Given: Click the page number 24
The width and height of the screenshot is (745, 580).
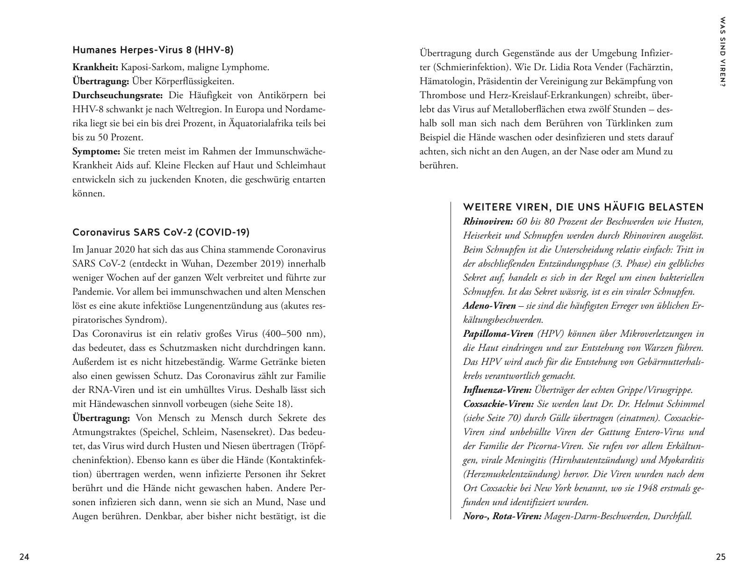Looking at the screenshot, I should [24, 557].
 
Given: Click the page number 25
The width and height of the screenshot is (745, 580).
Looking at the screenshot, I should [721, 557].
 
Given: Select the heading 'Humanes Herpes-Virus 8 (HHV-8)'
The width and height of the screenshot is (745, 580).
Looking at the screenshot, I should [153, 50].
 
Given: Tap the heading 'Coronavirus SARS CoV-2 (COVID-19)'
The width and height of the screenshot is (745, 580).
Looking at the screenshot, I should [161, 232].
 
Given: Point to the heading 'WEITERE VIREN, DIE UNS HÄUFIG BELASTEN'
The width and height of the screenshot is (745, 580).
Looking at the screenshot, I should [583, 207].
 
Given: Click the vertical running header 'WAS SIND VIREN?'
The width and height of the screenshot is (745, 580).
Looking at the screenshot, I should [723, 52].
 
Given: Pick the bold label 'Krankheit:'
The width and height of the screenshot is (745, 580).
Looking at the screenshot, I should [95, 67].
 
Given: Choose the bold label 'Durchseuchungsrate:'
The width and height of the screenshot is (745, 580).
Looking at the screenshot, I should [118, 95].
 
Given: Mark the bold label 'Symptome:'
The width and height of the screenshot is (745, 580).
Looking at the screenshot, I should [96, 152].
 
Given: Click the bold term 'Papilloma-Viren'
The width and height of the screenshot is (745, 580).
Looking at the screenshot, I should [498, 334].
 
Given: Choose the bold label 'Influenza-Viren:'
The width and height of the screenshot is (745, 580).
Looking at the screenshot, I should [497, 390].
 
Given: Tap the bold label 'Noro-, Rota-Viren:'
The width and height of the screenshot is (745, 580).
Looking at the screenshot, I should [502, 516].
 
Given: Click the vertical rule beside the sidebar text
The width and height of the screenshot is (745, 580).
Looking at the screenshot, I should [451, 360].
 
